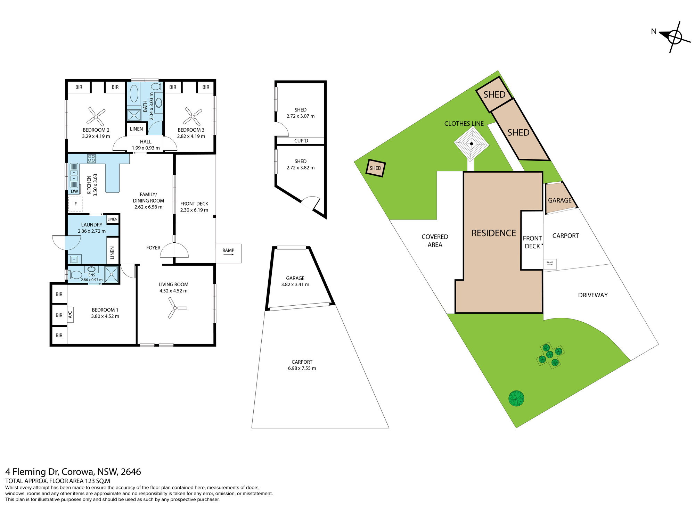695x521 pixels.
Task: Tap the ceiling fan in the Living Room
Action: coord(176,308)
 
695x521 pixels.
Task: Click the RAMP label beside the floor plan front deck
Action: coord(228,250)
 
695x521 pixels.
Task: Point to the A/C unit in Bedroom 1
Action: coord(70,315)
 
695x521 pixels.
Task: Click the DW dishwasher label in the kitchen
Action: coord(74,191)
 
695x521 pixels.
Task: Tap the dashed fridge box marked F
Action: coord(76,204)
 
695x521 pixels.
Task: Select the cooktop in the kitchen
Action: coord(91,159)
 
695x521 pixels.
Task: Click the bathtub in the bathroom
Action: coord(134,94)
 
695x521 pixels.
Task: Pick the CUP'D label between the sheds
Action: coord(301,141)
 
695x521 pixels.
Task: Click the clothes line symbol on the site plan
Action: coord(472,144)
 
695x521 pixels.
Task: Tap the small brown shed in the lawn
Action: coord(375,168)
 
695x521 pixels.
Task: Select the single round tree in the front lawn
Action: coord(516,398)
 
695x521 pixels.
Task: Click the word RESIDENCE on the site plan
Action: coord(494,233)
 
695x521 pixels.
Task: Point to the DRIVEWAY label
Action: coord(593,295)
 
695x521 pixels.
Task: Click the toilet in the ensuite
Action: coord(75,275)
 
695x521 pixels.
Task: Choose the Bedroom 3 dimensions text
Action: coord(191,136)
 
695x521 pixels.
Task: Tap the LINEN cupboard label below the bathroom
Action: coord(136,129)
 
